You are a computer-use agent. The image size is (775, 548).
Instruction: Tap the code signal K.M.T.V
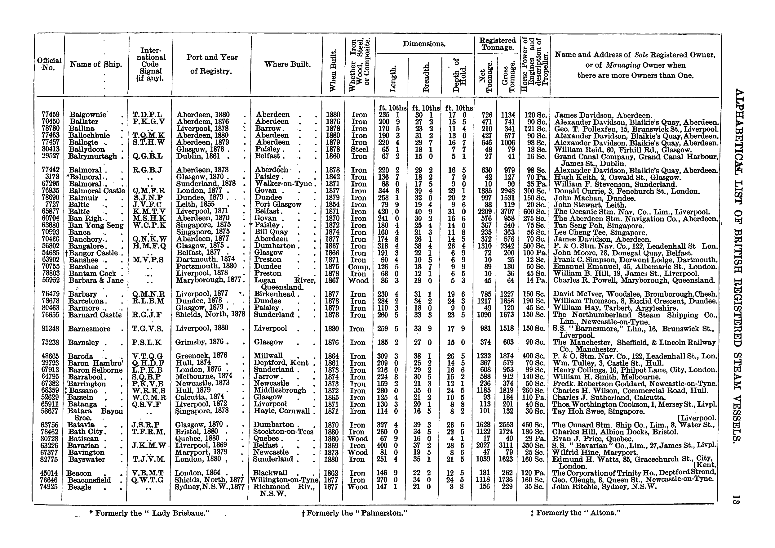(x=149, y=212)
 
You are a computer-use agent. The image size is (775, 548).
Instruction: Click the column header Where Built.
(x=287, y=64)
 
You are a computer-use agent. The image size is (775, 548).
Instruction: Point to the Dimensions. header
(x=424, y=44)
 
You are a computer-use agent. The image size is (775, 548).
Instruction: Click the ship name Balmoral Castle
(x=97, y=191)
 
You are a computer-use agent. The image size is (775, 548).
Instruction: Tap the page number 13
(x=737, y=499)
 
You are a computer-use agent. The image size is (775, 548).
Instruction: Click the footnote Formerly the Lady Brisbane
(x=150, y=513)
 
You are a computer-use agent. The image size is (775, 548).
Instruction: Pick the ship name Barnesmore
(x=89, y=329)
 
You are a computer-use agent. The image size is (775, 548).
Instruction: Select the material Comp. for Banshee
(x=359, y=267)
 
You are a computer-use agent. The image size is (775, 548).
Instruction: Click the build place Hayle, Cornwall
(x=281, y=411)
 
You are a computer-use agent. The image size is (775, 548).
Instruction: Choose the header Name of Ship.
(x=96, y=64)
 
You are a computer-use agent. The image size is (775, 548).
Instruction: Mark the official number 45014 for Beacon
(x=49, y=473)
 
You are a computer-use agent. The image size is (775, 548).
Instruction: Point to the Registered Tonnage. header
(x=498, y=44)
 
